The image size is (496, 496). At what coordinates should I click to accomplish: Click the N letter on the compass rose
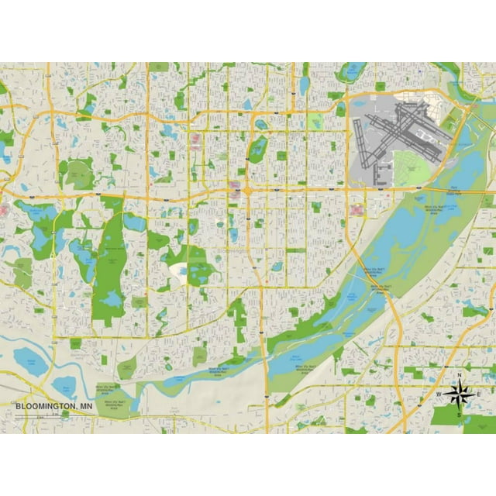pyautogui.click(x=460, y=376)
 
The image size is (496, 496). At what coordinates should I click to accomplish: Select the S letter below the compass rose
pyautogui.click(x=459, y=415)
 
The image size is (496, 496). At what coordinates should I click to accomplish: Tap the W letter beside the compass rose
pyautogui.click(x=438, y=395)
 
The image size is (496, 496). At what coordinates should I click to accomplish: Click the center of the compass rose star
pyautogui.click(x=459, y=395)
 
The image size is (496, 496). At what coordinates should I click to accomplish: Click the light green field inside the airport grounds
pyautogui.click(x=411, y=167)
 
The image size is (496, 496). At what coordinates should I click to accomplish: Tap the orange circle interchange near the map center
pyautogui.click(x=246, y=190)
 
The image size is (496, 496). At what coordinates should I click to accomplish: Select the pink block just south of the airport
pyautogui.click(x=356, y=209)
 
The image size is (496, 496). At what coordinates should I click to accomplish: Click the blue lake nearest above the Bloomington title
pyautogui.click(x=31, y=359)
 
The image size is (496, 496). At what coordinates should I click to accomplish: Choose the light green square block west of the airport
pyautogui.click(x=315, y=122)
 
